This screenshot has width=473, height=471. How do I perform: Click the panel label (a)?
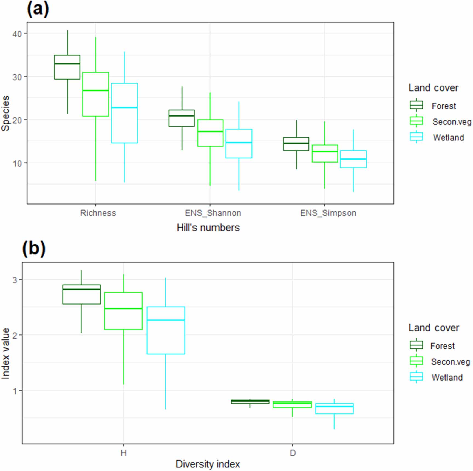point(38,9)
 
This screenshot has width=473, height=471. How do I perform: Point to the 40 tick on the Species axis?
point(17,34)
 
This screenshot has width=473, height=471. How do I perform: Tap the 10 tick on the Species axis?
point(17,163)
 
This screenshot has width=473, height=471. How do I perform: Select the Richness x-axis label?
point(98,213)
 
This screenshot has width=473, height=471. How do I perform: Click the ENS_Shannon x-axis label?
point(213,213)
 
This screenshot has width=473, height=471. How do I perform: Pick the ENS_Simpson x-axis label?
point(328,213)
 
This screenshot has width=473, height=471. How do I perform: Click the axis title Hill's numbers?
point(208,228)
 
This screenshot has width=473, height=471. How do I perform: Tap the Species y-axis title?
point(5,114)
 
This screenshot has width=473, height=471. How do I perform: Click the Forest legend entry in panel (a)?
point(443,106)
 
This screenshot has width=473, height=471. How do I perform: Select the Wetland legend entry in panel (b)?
point(447,378)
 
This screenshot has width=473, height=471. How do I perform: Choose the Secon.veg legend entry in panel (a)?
point(451,122)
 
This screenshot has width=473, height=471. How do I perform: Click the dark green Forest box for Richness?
point(67,67)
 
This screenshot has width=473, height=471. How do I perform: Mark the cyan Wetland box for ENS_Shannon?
point(239,143)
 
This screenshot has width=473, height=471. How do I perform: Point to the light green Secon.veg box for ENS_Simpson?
point(325,154)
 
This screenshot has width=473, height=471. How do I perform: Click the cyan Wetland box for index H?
point(166,330)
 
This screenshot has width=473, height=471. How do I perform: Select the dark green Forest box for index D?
point(250,402)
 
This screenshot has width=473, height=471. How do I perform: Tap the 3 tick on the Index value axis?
point(15,280)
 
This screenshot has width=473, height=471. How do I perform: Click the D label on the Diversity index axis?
point(293,453)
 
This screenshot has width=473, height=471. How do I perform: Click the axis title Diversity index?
point(208,464)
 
